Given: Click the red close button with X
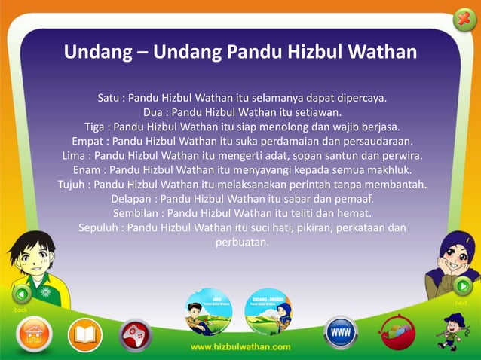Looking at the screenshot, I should tap(464, 17).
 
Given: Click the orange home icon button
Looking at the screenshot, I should tap(34, 334).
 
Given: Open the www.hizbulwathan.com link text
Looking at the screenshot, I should tap(240, 347).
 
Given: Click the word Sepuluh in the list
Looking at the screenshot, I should tap(100, 227).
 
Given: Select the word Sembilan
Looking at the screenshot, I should tap(140, 213).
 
